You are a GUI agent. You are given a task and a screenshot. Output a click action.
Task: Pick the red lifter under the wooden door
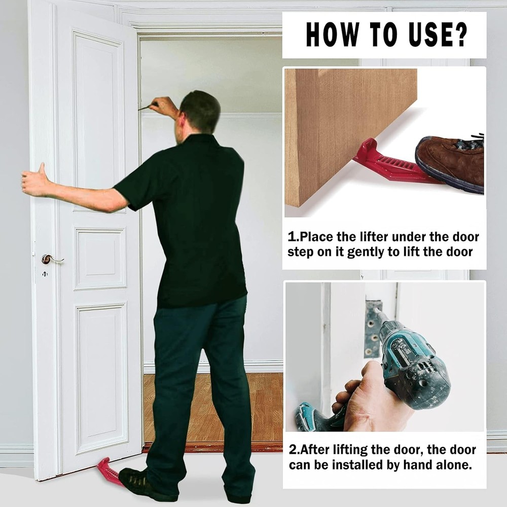pyautogui.click(x=390, y=165)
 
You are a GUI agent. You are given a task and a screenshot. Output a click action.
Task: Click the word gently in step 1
pyautogui.click(x=366, y=252)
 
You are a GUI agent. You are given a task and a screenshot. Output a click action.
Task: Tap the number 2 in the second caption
pyautogui.click(x=292, y=450)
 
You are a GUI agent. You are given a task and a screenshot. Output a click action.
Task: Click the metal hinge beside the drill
pyautogui.click(x=372, y=330)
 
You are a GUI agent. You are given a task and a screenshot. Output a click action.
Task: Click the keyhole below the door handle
pyautogui.click(x=45, y=274)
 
